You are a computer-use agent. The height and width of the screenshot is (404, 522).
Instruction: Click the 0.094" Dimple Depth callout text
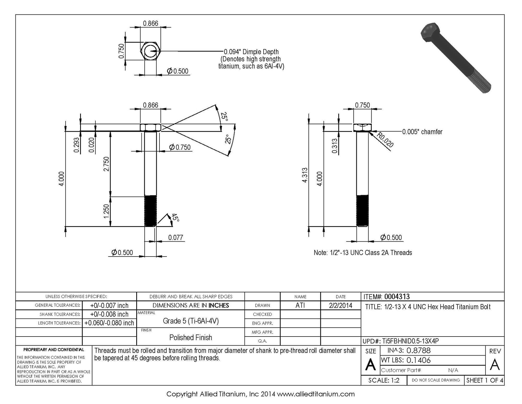coord(251,52)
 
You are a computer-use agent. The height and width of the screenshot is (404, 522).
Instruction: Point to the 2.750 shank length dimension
coord(106,164)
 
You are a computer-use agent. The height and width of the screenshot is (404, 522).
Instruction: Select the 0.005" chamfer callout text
coord(422,132)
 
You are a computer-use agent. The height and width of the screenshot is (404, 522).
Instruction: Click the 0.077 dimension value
coord(176,237)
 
